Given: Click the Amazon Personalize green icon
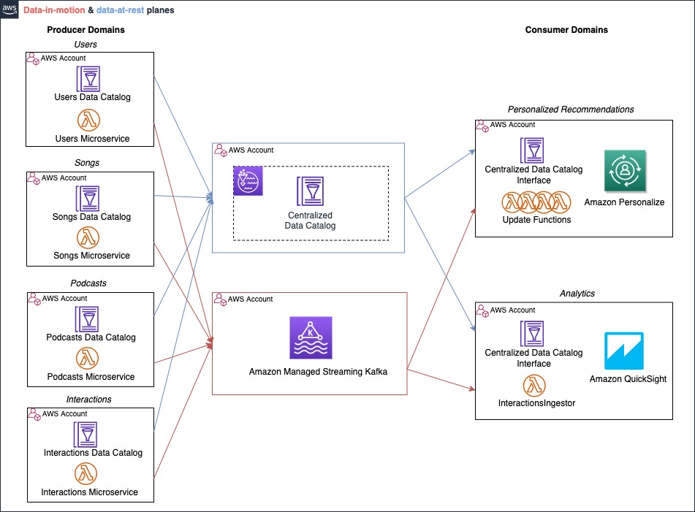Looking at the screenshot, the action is pos(625,170).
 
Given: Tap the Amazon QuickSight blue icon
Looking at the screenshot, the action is pos(624,351).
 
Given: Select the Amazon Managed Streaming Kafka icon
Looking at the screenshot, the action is pos(311,337).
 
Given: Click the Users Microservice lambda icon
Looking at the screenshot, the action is pos(88,120).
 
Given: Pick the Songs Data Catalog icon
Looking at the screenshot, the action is pos(88,199).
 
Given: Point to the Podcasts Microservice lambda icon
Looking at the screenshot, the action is pos(87,359).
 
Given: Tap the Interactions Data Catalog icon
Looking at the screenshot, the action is pos(86,435).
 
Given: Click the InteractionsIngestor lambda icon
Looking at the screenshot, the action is pos(534,386).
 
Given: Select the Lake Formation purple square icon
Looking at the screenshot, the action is pos(248,180).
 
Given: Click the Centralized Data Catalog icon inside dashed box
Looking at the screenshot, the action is pos(311,191).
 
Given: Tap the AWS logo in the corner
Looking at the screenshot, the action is pos(10,9).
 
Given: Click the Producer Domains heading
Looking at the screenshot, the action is pos(86,30).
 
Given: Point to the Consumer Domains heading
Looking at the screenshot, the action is pos(566,30).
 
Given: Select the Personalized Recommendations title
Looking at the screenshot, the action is pos(571,110).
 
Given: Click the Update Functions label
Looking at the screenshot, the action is pos(536,220).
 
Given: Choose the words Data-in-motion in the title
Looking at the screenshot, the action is pos(54,10).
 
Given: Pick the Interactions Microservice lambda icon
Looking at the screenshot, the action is pos(86,473).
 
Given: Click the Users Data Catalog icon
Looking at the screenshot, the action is pos(88,79).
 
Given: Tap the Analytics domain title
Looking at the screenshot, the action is pos(577,294).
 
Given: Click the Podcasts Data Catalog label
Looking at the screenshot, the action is pos(91,337).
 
